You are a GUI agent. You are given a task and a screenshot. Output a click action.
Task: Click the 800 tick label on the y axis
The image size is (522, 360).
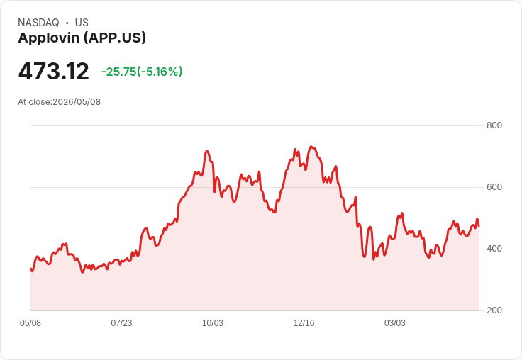[x=494, y=125]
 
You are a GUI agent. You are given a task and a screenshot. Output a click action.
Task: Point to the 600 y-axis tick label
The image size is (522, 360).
[x=494, y=187]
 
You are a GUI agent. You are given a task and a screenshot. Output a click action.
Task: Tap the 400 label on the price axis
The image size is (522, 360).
[x=494, y=249]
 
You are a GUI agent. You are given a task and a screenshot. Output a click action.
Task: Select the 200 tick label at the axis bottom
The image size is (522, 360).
[x=494, y=310]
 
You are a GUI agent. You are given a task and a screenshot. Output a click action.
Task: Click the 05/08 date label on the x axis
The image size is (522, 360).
[x=30, y=323]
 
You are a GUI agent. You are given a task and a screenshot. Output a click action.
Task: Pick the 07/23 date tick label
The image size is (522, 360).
[x=121, y=323]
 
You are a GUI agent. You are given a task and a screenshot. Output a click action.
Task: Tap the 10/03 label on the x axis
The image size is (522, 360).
[x=213, y=323]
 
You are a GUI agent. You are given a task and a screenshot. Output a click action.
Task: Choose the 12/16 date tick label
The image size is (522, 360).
[x=304, y=323]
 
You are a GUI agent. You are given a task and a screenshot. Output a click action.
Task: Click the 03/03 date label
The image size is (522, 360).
[x=395, y=323]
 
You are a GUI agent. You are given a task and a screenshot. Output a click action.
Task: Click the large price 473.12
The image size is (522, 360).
[x=54, y=71]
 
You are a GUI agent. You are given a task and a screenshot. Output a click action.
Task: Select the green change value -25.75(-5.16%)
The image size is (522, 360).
[x=142, y=72]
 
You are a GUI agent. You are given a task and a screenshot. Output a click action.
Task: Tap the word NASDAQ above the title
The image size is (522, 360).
[x=38, y=23]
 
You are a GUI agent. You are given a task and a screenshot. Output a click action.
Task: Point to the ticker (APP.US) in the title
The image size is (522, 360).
[x=115, y=38]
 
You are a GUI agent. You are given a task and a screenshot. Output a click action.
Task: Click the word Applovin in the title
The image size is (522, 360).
[x=49, y=38]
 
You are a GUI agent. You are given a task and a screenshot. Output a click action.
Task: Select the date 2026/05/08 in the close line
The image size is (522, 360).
[x=77, y=102]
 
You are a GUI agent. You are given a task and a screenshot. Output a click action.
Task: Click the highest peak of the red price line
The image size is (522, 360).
[x=311, y=147]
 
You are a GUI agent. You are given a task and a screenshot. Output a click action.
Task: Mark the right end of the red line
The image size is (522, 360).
[x=479, y=226]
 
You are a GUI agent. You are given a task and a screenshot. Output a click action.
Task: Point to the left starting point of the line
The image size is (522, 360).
[x=30, y=269]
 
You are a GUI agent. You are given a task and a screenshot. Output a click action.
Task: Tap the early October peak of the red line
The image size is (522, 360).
[x=206, y=151]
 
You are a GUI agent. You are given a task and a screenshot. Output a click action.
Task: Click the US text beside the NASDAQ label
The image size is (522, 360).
[x=82, y=23]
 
